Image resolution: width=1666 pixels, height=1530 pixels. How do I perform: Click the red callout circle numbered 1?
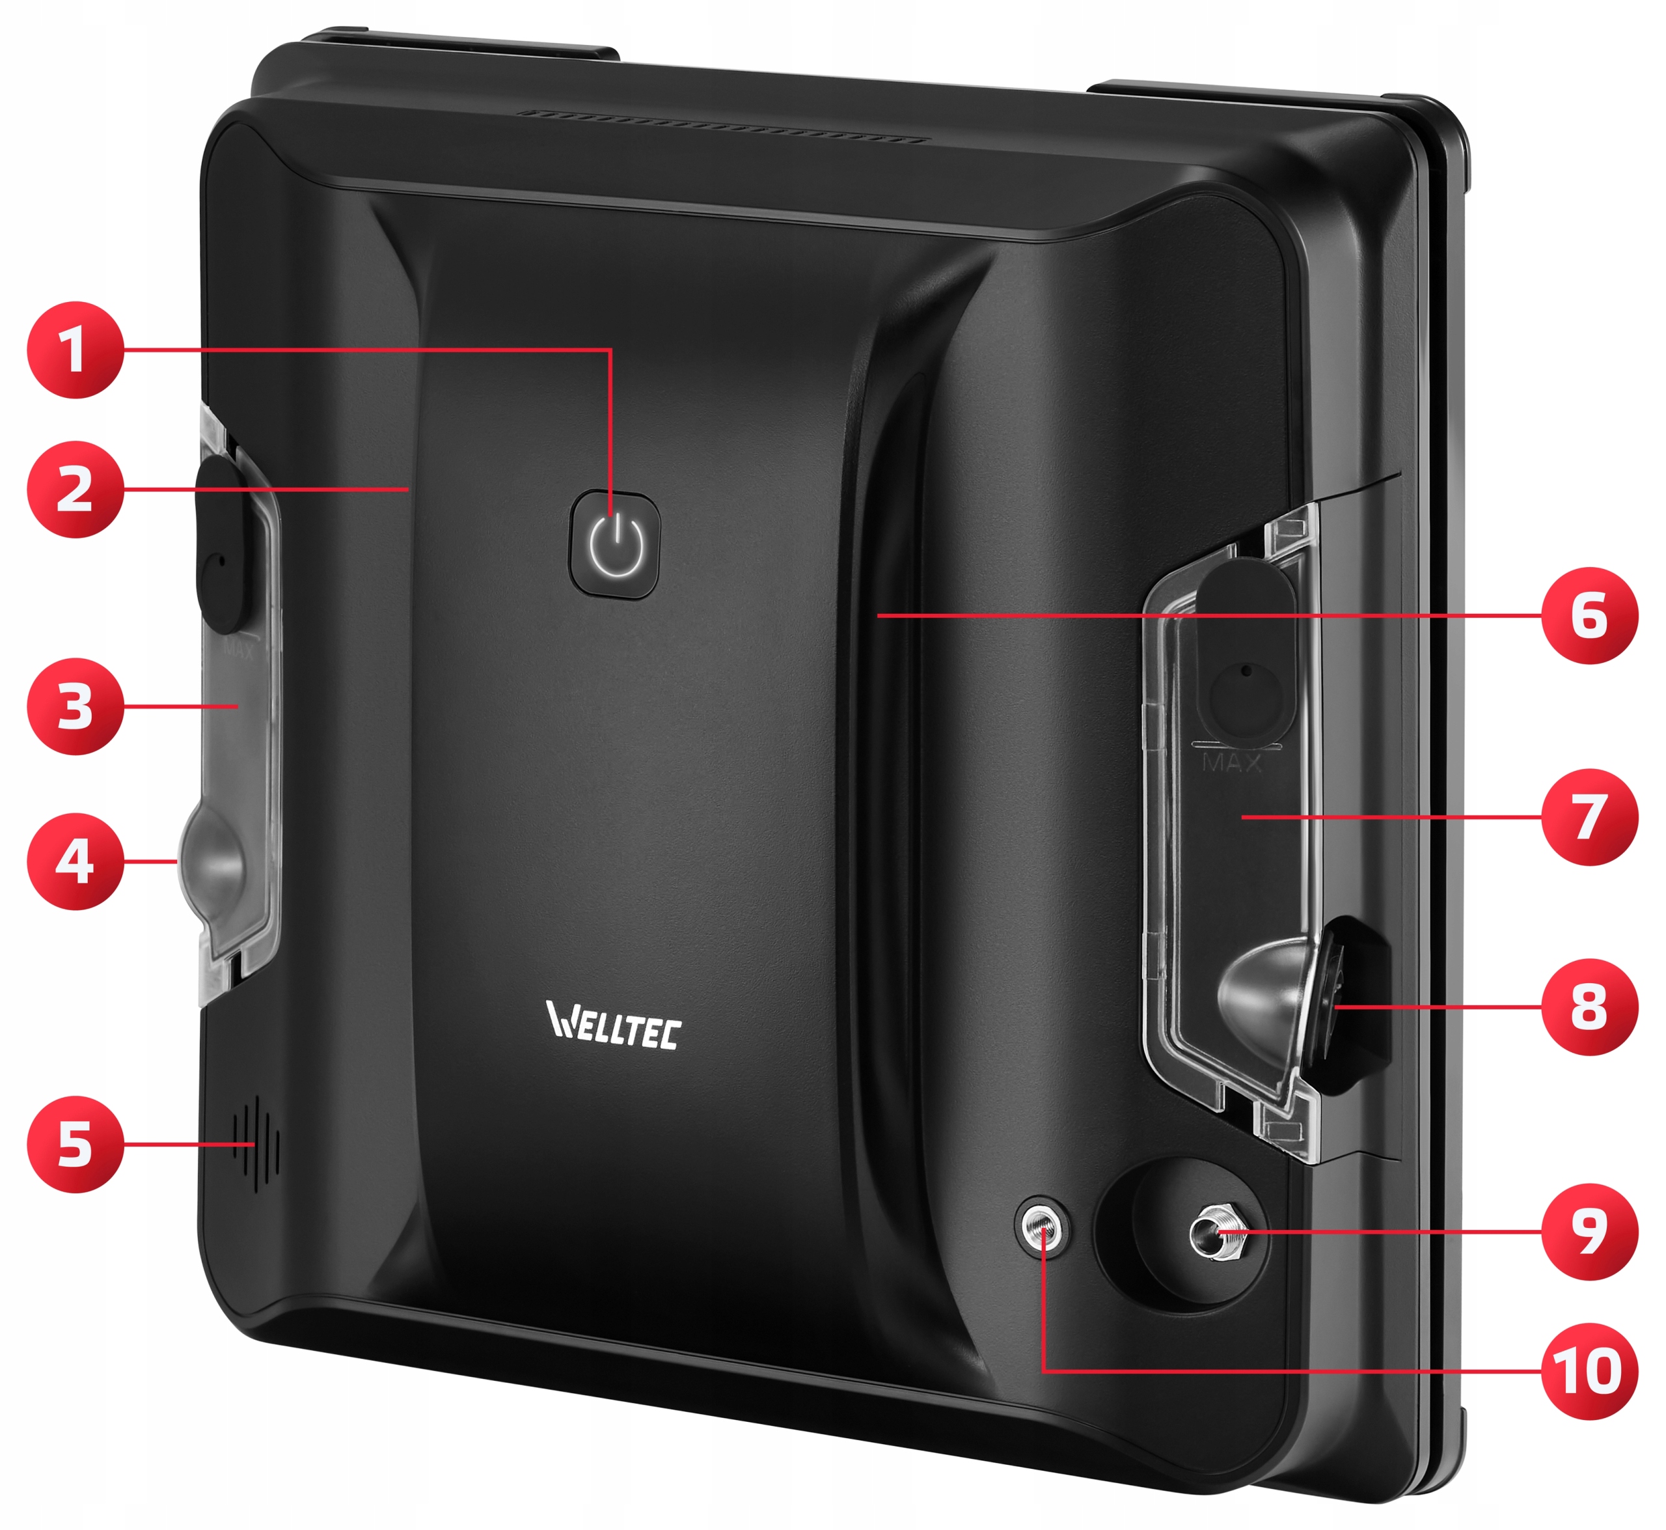75,350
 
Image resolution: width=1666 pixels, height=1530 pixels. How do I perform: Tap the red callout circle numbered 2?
75,490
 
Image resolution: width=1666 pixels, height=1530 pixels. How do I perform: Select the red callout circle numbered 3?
75,706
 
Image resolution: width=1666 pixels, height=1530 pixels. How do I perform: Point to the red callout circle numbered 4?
75,861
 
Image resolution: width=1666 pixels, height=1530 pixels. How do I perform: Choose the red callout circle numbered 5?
75,1144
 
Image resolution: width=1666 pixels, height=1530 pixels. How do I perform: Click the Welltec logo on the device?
613,1025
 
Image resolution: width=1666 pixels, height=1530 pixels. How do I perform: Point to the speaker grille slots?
256,1144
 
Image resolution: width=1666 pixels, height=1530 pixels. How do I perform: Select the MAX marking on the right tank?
1231,762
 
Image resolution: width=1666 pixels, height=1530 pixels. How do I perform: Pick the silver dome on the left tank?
213,859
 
